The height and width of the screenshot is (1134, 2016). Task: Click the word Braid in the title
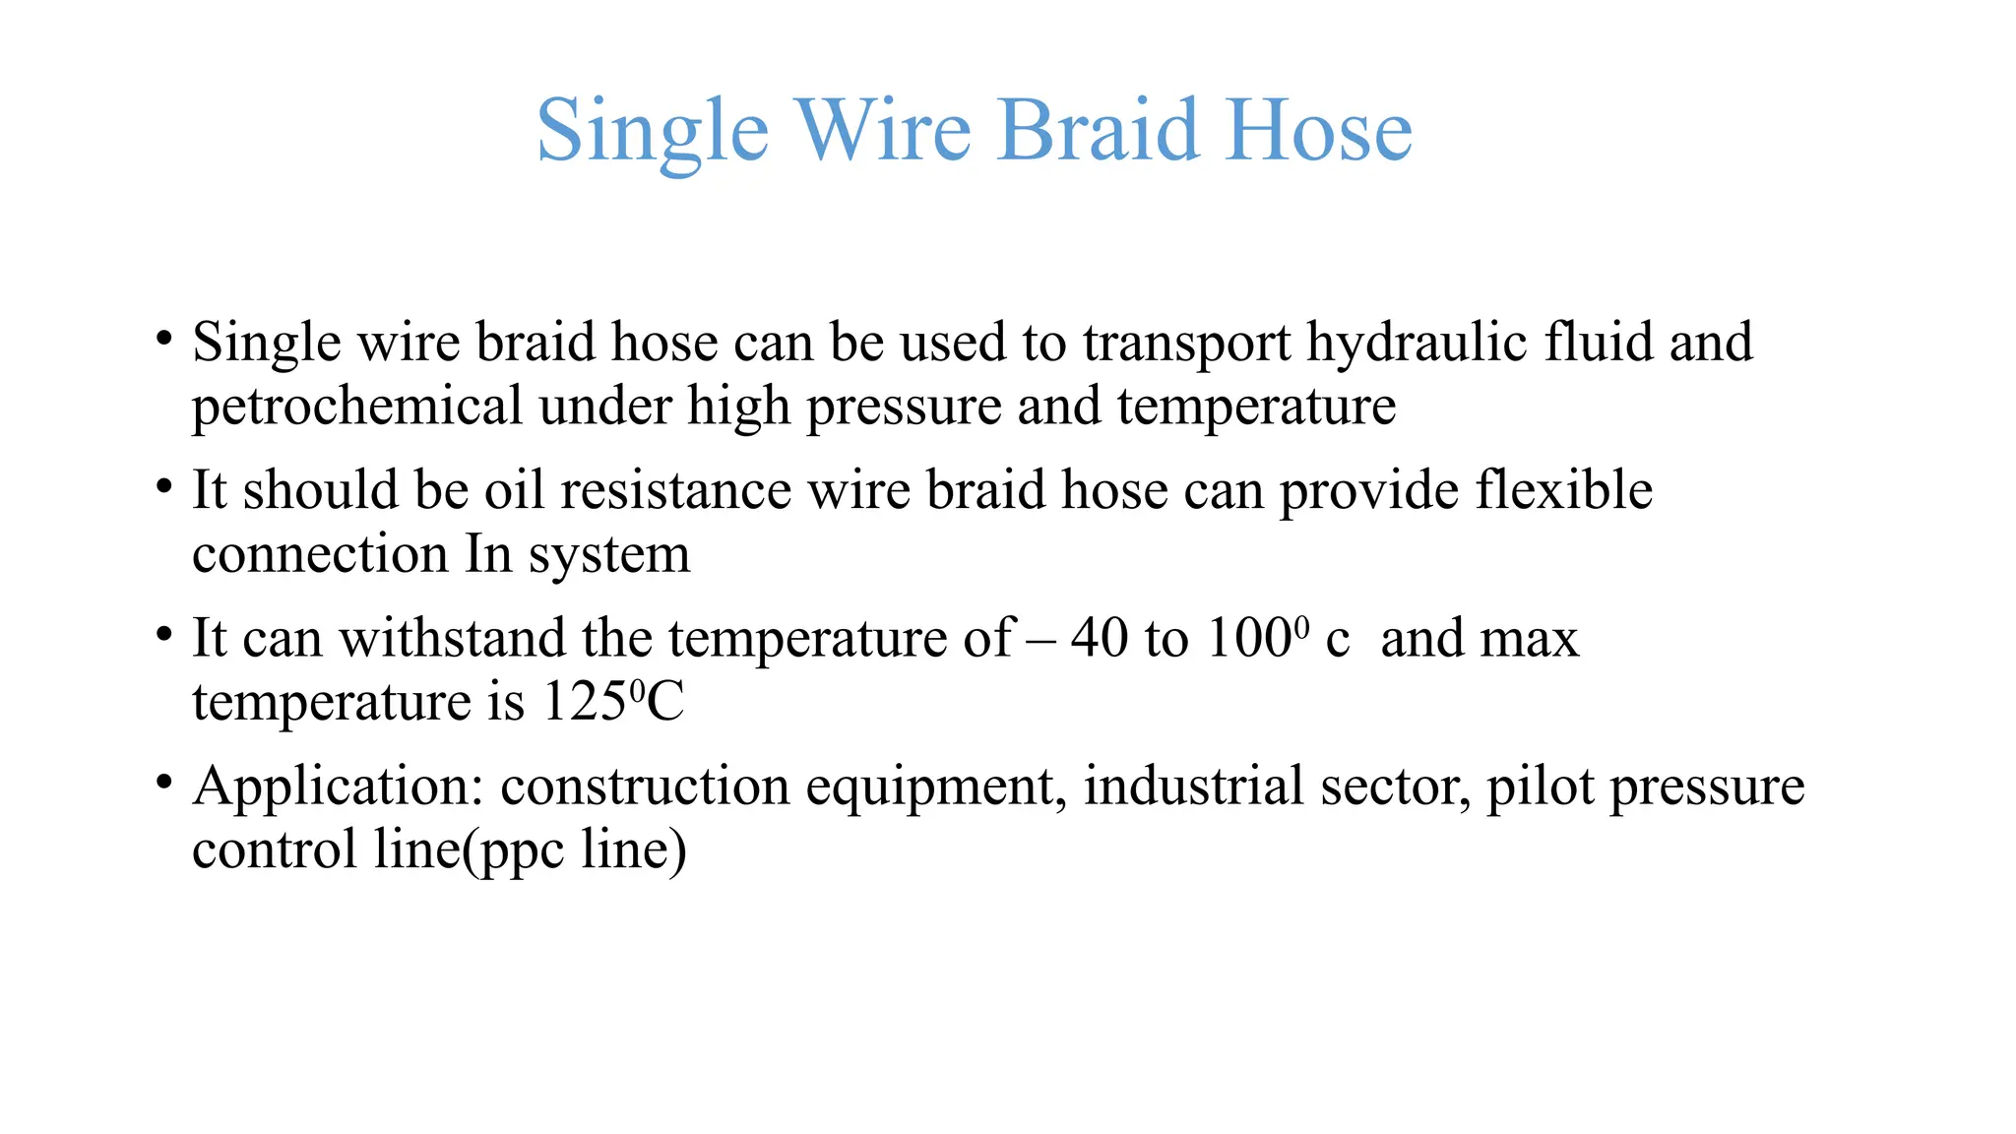click(1099, 130)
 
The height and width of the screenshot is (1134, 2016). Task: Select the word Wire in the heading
click(883, 130)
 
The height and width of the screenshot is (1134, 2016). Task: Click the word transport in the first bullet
click(1186, 344)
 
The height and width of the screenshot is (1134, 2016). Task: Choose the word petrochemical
click(356, 407)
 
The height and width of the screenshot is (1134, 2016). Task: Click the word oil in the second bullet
click(514, 490)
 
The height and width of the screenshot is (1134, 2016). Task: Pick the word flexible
click(1564, 490)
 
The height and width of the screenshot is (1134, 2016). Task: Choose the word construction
click(645, 787)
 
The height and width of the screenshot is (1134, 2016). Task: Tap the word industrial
click(1193, 787)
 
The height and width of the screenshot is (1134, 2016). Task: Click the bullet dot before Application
click(163, 783)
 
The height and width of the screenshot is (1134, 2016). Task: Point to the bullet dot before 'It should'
click(163, 486)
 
